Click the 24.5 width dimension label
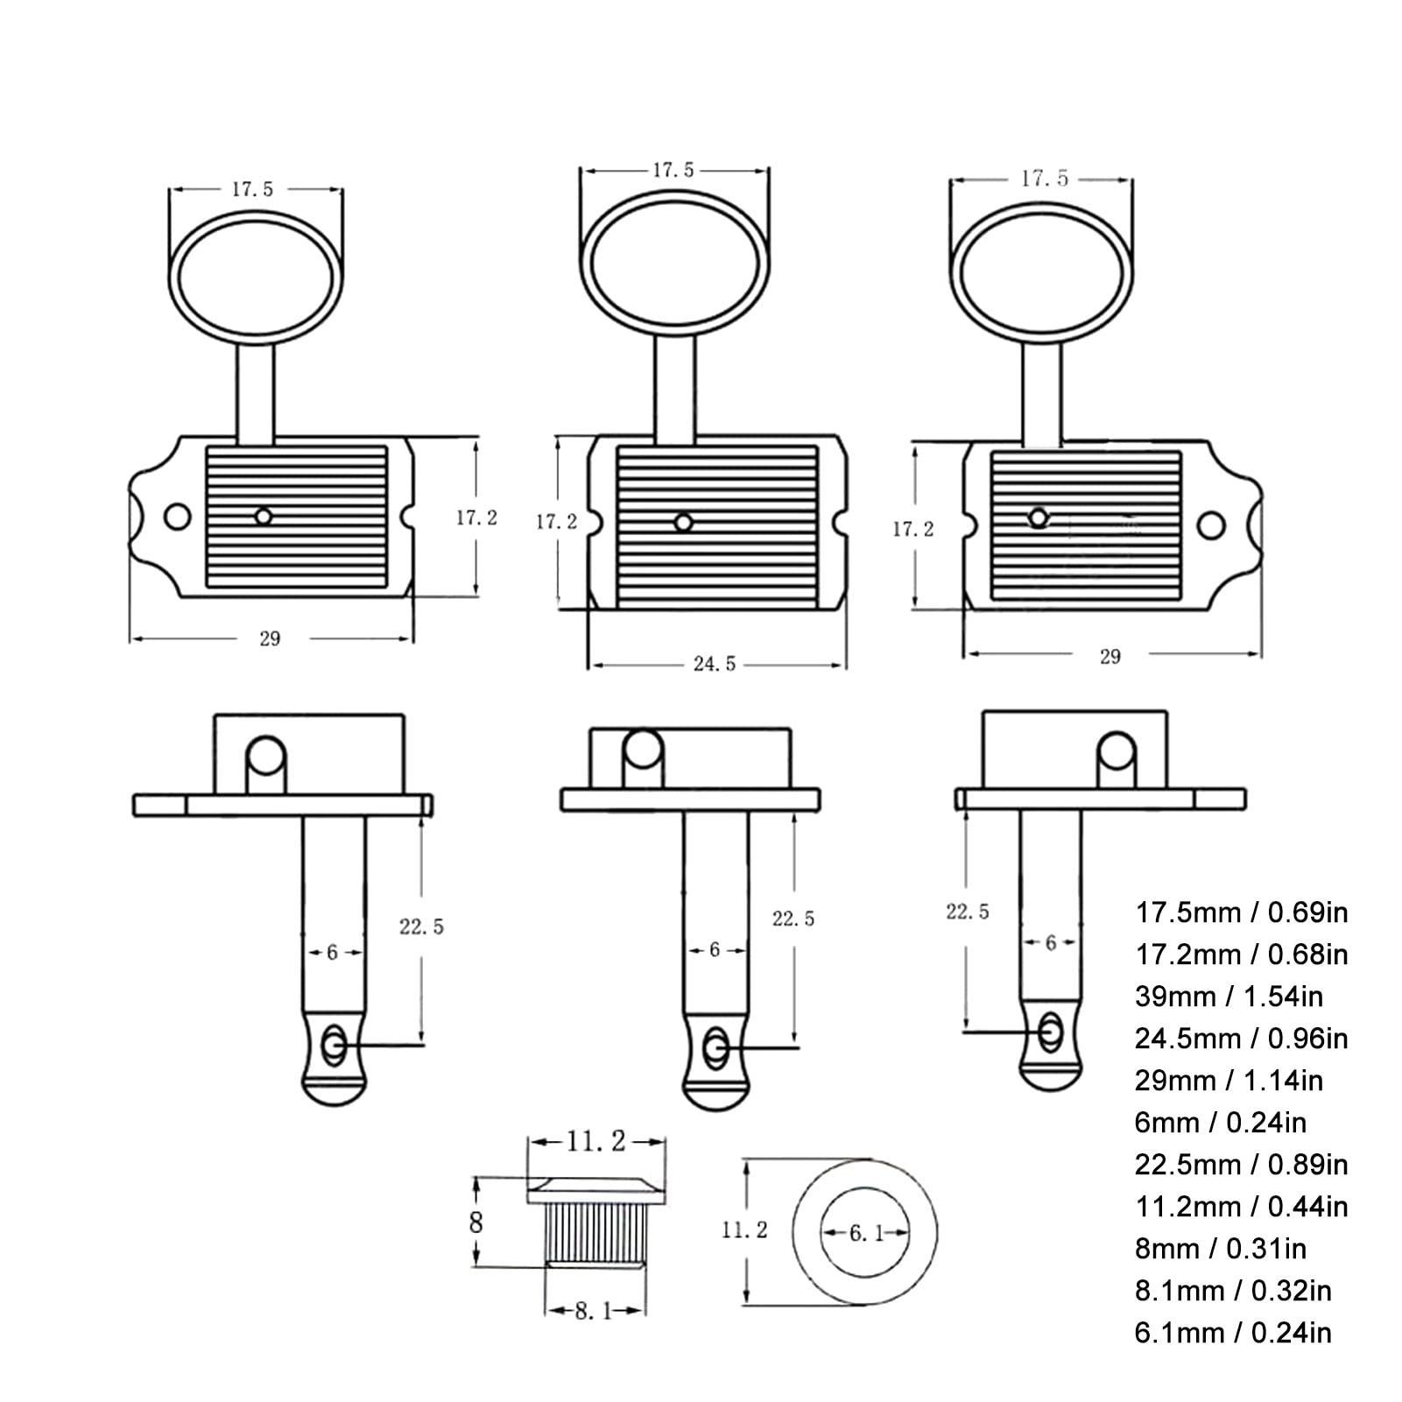(715, 664)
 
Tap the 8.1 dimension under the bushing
(593, 1311)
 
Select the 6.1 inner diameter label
(866, 1233)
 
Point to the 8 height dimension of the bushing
(476, 1222)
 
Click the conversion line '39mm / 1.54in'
(1229, 996)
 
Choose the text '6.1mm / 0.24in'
(1233, 1332)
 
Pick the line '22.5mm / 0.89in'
(1241, 1164)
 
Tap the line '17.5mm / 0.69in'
(1241, 912)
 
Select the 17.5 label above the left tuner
(252, 188)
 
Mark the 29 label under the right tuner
(1110, 656)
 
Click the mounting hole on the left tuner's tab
(179, 517)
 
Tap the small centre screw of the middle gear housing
(684, 523)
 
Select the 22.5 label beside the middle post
(793, 918)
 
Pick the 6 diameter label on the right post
(1051, 942)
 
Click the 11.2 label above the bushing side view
(595, 1141)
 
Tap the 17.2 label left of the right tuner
(913, 529)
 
